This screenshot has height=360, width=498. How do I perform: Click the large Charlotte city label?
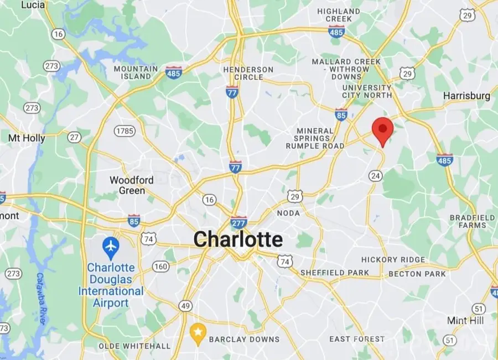click(x=238, y=239)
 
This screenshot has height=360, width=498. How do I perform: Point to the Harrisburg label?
click(x=466, y=96)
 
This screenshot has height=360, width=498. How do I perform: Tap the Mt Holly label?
click(x=27, y=138)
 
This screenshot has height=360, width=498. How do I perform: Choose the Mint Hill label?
click(x=465, y=321)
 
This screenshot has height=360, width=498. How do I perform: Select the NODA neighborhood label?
click(x=288, y=213)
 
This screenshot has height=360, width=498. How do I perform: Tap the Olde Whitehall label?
click(x=134, y=346)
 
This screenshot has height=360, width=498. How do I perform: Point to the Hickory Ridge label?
click(x=393, y=259)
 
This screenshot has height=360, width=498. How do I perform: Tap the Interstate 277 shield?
click(x=238, y=222)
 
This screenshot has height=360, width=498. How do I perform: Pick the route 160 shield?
click(x=161, y=267)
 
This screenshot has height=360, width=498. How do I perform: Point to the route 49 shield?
click(x=185, y=306)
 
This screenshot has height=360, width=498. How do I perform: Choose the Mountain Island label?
click(x=132, y=72)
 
